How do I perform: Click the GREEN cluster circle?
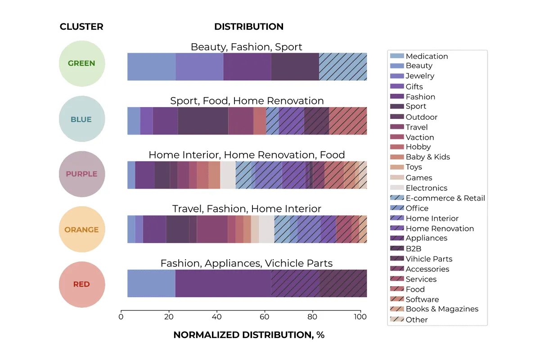[x=82, y=63]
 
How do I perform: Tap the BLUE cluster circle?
[x=82, y=119]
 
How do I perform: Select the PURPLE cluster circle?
[x=82, y=174]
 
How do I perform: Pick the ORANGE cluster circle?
[x=82, y=229]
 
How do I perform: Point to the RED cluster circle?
[x=82, y=284]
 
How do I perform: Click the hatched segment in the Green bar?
[x=342, y=67]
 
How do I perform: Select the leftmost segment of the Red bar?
[x=151, y=283]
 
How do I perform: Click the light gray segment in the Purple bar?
[x=228, y=175]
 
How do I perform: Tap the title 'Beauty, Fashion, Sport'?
[x=246, y=47]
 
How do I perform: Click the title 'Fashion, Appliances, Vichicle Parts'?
[x=246, y=263]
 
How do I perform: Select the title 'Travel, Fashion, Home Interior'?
[x=246, y=209]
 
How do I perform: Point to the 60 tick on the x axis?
[x=265, y=316]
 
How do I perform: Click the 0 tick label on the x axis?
[x=121, y=316]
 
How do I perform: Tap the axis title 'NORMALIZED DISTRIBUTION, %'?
[x=248, y=335]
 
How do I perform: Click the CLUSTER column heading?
[x=81, y=27]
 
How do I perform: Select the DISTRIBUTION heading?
[x=248, y=27]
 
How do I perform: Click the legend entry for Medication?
[x=427, y=56]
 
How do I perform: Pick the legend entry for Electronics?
[x=426, y=188]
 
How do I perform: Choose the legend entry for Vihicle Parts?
[x=428, y=259]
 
